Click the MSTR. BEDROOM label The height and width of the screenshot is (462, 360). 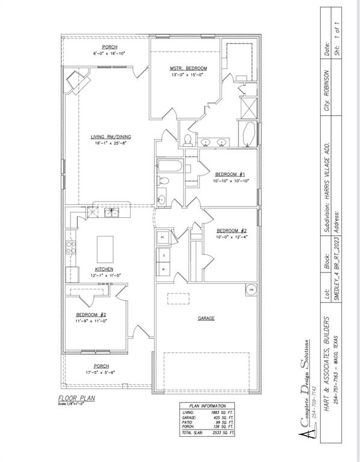188,69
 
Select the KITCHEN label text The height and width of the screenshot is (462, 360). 104,269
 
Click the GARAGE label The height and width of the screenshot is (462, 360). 206,318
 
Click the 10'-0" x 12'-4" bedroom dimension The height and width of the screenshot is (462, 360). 232,237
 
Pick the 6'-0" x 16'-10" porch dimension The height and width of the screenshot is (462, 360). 109,54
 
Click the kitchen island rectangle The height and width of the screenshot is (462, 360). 105,247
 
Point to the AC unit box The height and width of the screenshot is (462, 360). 163,238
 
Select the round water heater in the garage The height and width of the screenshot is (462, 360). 250,290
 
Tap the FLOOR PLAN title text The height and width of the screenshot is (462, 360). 76,398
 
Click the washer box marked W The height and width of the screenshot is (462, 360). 163,269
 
